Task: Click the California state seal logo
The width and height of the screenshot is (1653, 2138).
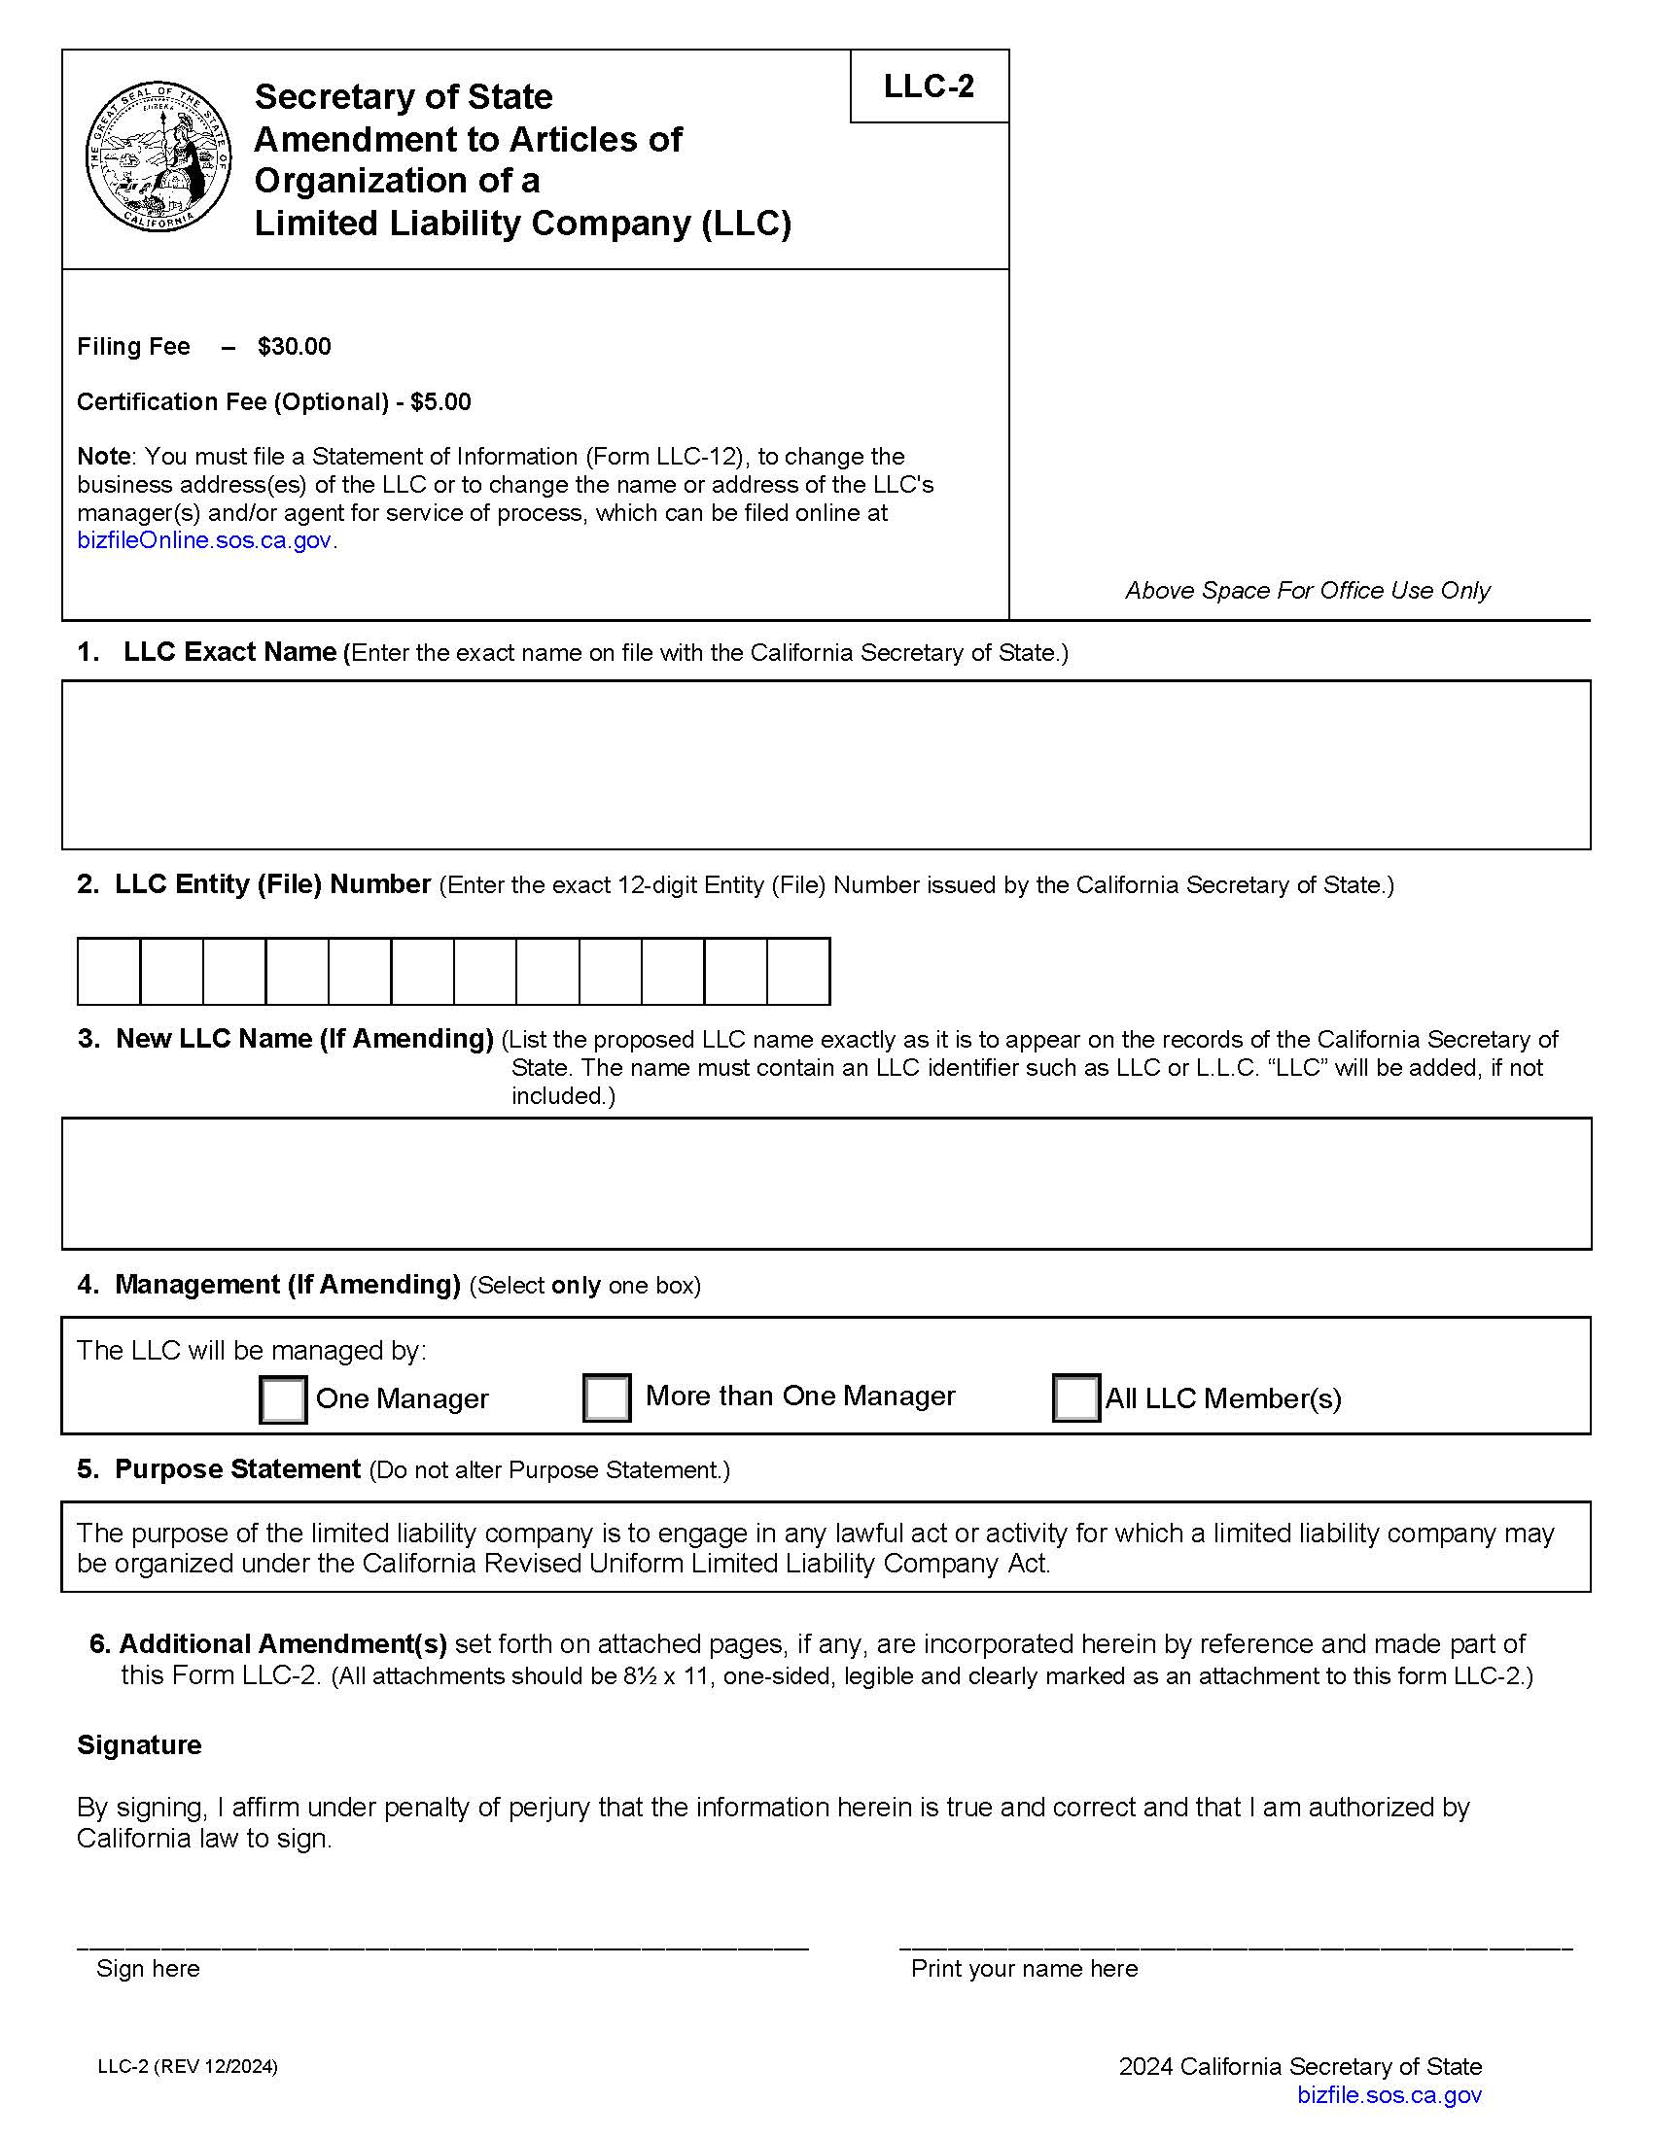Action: point(157,157)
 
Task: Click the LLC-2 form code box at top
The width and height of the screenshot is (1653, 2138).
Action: point(929,86)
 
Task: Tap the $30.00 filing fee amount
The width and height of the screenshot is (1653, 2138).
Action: point(294,347)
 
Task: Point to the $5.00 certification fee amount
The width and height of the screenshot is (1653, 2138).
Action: point(440,402)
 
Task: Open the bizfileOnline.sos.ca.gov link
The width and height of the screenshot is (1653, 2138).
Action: point(203,540)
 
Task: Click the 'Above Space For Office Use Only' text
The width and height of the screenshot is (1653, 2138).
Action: point(1306,590)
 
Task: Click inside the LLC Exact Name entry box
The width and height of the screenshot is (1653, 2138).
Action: point(826,765)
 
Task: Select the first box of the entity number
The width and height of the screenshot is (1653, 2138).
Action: point(109,971)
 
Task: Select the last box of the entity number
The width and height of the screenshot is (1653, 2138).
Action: point(798,971)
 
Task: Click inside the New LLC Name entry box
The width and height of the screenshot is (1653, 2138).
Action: point(826,1183)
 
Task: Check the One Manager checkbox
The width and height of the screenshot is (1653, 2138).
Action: point(283,1398)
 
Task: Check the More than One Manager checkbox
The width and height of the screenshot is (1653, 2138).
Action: point(606,1397)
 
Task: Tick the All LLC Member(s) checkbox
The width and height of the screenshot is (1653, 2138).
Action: point(1075,1397)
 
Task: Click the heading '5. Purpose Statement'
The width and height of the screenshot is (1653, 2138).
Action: point(220,1469)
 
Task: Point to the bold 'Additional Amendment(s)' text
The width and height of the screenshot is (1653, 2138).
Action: point(282,1643)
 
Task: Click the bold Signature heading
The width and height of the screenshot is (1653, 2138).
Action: point(139,1745)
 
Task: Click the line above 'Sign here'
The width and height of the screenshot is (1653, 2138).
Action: point(441,1947)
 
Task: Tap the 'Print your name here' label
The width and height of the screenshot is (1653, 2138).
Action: point(1023,1969)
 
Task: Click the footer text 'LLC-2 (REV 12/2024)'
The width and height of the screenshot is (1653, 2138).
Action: point(187,2066)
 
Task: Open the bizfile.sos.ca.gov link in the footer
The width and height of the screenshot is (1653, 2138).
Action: point(1389,2095)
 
